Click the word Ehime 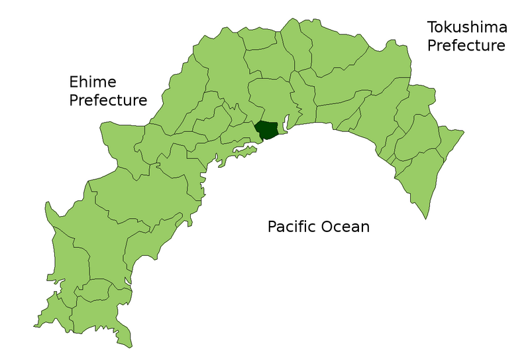pos(93,82)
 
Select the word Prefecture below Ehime pos(108,101)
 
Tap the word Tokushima pos(467,28)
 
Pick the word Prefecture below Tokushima pos(466,46)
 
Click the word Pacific pos(292,227)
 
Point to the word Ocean pos(346,227)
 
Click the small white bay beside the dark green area pos(287,123)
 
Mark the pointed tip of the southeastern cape pos(424,218)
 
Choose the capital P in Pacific pos(272,227)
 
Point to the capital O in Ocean pos(328,227)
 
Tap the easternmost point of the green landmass pos(463,131)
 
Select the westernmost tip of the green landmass pos(34,326)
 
